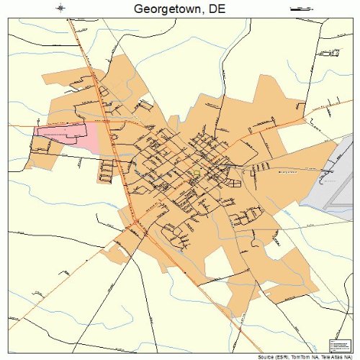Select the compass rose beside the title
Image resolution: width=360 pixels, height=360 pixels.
pyautogui.click(x=60, y=8)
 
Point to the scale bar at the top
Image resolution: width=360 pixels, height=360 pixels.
pyautogui.click(x=300, y=8)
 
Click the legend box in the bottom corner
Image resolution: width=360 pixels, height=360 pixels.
pyautogui.click(x=338, y=345)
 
